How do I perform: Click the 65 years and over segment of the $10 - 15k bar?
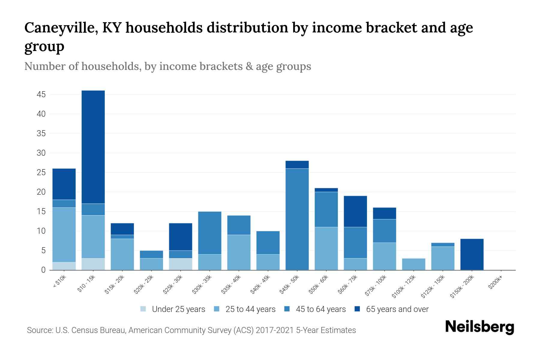[x=93, y=147]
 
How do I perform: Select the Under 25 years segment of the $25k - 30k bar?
[x=181, y=264]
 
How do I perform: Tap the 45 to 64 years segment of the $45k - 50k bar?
[x=297, y=219]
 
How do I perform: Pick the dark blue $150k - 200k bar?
[x=472, y=254]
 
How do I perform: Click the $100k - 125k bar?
[x=413, y=264]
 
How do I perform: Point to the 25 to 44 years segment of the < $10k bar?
[x=64, y=235]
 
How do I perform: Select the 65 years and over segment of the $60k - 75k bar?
[x=355, y=211]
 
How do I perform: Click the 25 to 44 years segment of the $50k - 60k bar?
[x=326, y=248]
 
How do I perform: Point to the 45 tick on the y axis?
[x=41, y=94]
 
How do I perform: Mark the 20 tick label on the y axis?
[x=41, y=192]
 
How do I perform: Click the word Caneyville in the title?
[x=61, y=28]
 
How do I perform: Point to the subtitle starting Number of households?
[x=167, y=66]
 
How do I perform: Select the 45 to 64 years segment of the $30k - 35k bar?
[x=210, y=233]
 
